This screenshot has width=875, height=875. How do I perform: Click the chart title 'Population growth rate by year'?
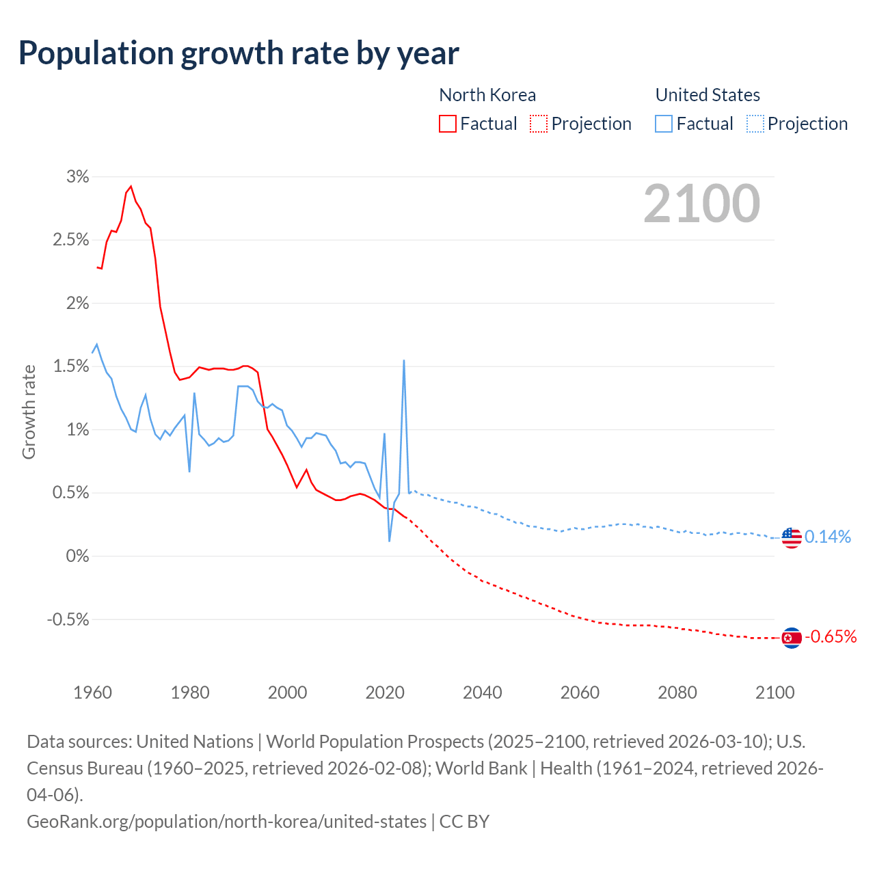tap(239, 53)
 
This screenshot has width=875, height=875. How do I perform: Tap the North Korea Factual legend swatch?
tap(447, 124)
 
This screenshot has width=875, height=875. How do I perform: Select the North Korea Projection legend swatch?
tap(539, 124)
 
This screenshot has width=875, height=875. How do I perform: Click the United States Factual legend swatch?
tap(664, 124)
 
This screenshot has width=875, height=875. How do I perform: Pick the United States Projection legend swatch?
tap(755, 124)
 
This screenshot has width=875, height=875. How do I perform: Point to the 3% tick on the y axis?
tap(77, 177)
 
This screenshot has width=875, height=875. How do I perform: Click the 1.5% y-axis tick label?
tap(70, 366)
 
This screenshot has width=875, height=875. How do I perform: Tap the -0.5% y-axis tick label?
tap(68, 619)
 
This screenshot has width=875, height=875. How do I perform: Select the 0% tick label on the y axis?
tap(77, 556)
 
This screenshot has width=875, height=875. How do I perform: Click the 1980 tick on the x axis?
tap(190, 692)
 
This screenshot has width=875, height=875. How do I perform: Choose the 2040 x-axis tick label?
tap(483, 692)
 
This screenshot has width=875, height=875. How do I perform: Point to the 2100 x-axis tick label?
tap(775, 692)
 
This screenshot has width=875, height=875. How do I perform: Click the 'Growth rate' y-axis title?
tap(29, 412)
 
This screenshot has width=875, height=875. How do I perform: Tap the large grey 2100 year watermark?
tap(701, 204)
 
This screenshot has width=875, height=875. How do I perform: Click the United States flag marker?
tap(791, 538)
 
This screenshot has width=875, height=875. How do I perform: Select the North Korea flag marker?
tap(791, 638)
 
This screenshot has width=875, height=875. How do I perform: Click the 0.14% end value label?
tap(828, 537)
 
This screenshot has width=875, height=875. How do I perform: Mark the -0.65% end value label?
tap(831, 637)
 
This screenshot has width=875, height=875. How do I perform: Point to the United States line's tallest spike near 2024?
tap(404, 361)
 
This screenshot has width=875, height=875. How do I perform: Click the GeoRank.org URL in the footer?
tap(226, 821)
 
